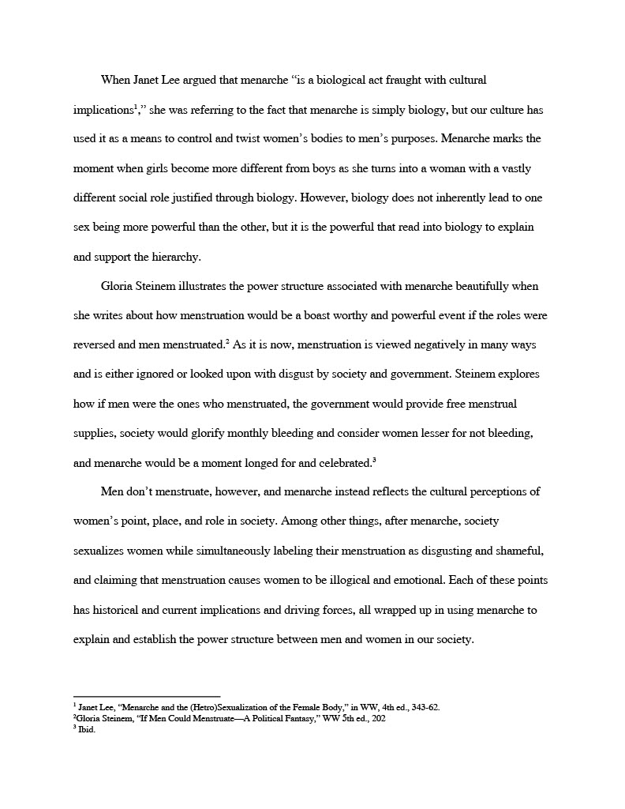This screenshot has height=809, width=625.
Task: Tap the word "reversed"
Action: (x=95, y=344)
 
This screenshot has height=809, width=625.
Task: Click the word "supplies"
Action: (x=95, y=433)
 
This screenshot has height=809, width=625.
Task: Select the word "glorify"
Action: (x=204, y=433)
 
